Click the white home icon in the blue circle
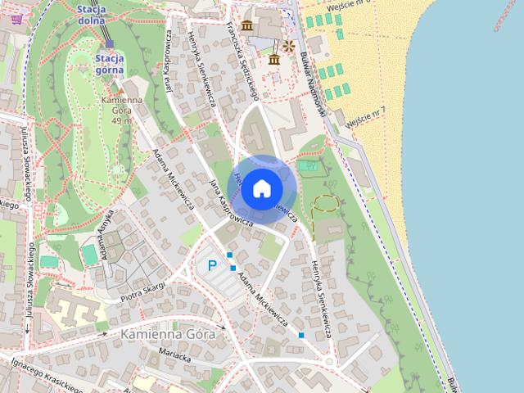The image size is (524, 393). coord(261,188)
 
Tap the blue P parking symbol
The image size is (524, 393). coord(212,265)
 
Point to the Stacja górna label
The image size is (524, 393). coord(110,64)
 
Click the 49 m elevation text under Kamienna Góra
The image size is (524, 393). coord(121,121)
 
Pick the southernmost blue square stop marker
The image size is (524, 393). coord(301,335)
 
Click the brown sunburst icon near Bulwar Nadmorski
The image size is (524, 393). coord(287,46)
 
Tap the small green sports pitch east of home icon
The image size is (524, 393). coord(308,166)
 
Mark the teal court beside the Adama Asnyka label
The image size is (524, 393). coord(89,255)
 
